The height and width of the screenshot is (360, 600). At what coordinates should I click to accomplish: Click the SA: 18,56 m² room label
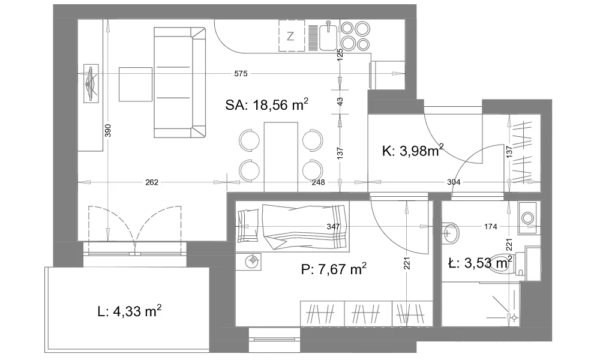point(267,104)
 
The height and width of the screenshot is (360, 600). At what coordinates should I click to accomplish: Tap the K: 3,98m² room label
point(413,151)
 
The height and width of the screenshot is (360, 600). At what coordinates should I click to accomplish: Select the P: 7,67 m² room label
point(334,269)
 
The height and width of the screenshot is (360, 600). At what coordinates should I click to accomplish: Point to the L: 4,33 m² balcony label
point(130,311)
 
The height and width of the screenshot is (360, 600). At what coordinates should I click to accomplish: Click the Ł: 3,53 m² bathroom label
point(480,263)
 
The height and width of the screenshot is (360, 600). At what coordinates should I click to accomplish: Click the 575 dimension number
point(241,73)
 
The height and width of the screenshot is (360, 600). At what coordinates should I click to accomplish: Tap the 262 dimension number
point(152,182)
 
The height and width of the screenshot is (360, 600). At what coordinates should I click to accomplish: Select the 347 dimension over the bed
point(333,226)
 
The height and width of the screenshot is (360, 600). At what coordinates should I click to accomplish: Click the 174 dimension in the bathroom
point(491,226)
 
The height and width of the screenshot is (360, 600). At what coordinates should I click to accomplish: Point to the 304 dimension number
point(454,182)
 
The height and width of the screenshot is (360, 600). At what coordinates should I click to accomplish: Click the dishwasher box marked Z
point(292,35)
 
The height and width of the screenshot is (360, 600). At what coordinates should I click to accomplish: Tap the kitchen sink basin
point(328,37)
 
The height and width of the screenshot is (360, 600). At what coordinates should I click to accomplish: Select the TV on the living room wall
point(91,83)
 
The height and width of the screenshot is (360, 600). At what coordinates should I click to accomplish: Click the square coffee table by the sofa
point(136,84)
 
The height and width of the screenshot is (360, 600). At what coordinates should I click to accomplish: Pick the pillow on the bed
point(248,226)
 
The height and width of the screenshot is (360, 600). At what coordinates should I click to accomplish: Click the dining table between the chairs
point(281,157)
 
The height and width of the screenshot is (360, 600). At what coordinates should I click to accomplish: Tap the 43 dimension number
point(340,102)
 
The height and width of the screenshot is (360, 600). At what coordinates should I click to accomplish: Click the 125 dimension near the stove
point(340,55)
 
